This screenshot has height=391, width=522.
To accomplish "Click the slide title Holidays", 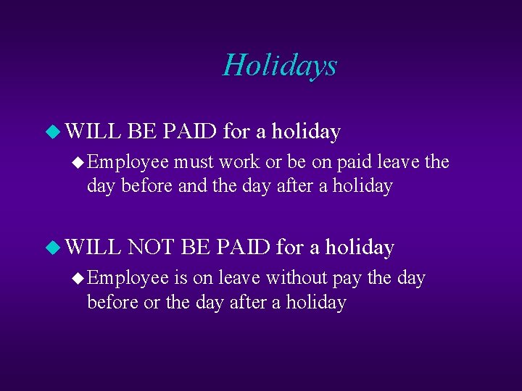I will pos(280,65).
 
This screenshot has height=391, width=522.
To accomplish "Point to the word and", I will pos(192,186).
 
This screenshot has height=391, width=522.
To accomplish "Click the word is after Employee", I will pos(180,278).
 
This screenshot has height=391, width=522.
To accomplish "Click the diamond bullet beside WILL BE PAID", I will pos(51,132).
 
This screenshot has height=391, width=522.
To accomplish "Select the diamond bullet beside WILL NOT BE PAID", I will pos(51,248).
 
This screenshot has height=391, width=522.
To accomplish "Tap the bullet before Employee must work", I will pos(79,162).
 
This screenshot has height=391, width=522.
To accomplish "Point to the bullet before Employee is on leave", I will pos(79,279).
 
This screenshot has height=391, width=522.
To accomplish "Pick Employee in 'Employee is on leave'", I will pos(128,279).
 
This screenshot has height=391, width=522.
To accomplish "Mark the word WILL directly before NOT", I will pos(93,248).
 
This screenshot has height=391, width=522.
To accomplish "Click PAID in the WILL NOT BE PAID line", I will pos(243,248).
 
